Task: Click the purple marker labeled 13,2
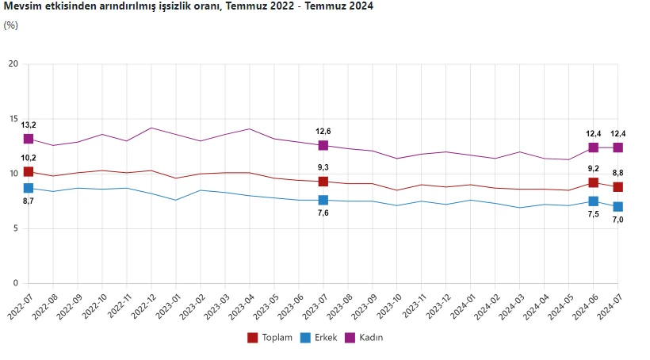coord(29,139)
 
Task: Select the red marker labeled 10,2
coord(29,172)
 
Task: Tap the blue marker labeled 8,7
coord(29,188)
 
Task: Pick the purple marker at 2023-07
coord(323,145)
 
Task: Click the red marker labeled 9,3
coord(323,182)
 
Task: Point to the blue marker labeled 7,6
coord(323,200)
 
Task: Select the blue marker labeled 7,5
coord(593,201)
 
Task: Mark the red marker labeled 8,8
coord(617,187)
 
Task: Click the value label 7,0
coord(617,220)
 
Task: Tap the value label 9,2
coord(593,168)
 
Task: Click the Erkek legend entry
coord(319,338)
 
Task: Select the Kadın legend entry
coord(364,338)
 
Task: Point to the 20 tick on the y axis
coord(13,63)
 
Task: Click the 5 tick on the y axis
coord(16,228)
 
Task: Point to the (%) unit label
coord(11,25)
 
